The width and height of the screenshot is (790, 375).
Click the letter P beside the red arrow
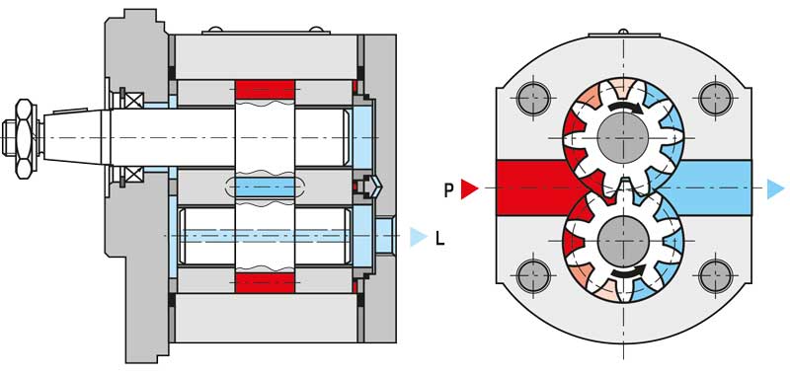449,189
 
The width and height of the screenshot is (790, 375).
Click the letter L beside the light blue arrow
439,238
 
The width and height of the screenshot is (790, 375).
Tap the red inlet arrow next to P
469,189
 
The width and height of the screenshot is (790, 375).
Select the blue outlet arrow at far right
776,188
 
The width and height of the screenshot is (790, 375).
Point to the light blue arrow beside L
419,237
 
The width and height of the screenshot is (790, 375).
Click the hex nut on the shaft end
25,138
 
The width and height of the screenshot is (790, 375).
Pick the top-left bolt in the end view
533,98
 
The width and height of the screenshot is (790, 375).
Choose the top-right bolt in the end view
715,98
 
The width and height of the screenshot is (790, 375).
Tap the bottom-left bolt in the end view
533,276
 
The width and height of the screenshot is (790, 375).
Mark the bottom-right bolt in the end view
715,276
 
